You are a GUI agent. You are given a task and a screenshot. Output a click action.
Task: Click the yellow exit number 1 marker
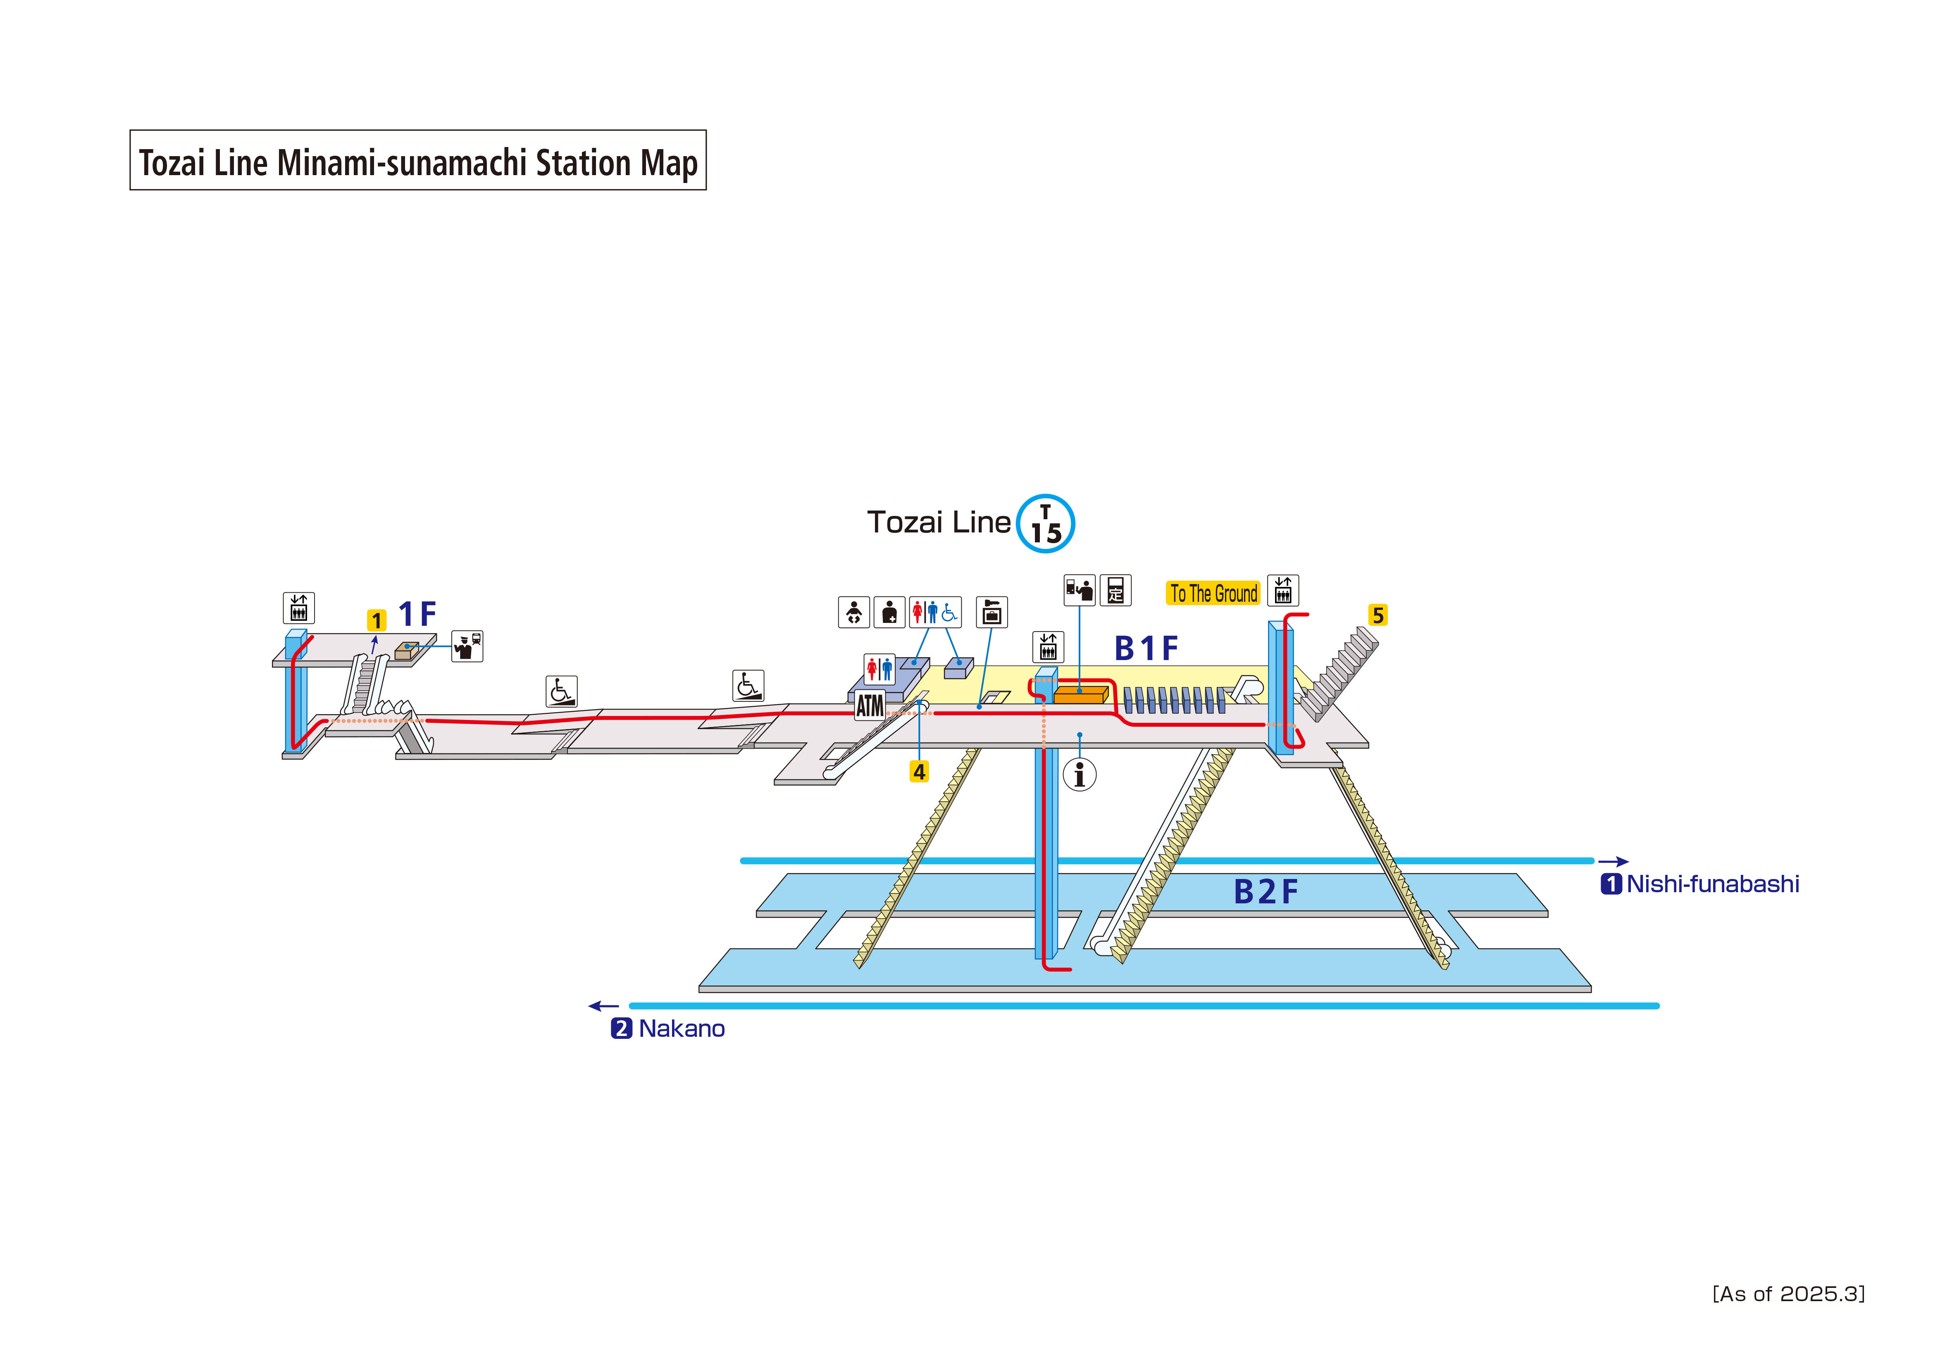377,620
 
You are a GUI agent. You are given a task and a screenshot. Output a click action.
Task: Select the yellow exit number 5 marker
1378,615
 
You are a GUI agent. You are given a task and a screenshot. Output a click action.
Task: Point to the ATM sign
870,705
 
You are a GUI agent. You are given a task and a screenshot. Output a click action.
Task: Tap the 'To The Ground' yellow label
1213,593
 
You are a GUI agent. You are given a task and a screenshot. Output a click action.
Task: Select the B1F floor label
1146,649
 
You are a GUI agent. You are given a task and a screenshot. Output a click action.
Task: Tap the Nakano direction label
681,1029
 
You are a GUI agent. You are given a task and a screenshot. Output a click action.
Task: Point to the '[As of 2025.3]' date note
1788,1294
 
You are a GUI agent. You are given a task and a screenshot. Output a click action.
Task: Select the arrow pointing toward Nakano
604,1006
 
